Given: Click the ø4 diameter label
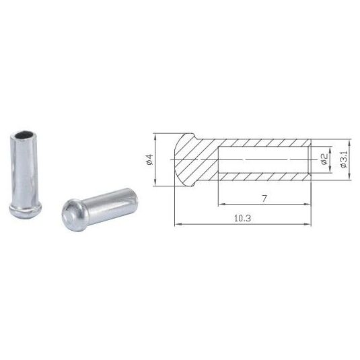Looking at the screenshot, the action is pyautogui.click(x=149, y=159).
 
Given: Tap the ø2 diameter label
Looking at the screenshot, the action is pyautogui.click(x=324, y=159).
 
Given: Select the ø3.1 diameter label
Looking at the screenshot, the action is pyautogui.click(x=344, y=159).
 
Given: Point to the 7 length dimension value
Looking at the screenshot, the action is pyautogui.click(x=264, y=198).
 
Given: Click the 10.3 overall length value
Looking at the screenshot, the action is pyautogui.click(x=242, y=218).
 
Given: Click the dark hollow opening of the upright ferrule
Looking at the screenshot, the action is pyautogui.click(x=25, y=135).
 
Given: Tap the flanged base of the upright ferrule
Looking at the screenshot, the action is pyautogui.click(x=26, y=210).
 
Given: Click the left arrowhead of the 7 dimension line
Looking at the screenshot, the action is pyautogui.click(x=221, y=204).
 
